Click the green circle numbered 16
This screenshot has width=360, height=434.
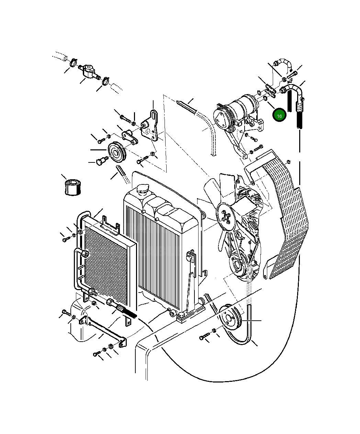click(x=279, y=116)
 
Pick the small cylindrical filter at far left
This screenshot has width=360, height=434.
click(x=72, y=187)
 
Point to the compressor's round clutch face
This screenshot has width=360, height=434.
click(x=219, y=117)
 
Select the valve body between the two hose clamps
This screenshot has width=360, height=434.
click(x=89, y=70)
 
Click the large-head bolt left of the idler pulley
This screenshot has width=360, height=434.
click(x=102, y=160)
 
